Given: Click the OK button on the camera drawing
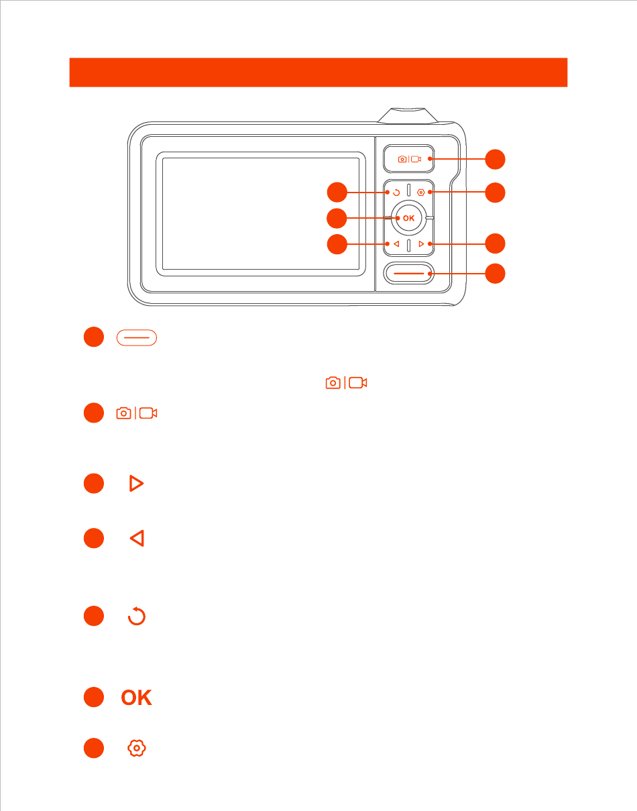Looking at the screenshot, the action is [409, 218].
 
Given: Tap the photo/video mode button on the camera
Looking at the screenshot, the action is [409, 160].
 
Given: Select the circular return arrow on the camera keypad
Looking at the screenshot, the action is [396, 193].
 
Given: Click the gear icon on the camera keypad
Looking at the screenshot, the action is [420, 193].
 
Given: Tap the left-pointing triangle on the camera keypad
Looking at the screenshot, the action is [396, 244].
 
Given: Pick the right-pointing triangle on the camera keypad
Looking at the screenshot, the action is [421, 244].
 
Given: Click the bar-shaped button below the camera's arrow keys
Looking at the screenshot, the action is [409, 274].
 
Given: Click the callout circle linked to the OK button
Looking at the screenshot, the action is [337, 218].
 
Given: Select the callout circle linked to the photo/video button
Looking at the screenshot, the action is [495, 160].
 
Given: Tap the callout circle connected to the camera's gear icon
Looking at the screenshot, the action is [495, 193].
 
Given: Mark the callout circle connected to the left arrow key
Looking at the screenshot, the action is [337, 244].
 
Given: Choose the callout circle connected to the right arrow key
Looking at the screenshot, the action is [495, 244].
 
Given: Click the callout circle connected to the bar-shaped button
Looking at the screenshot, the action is [495, 274].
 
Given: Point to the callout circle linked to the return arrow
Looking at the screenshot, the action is [337, 193].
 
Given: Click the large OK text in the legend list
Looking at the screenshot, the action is [136, 698].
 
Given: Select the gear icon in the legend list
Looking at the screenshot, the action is [136, 748].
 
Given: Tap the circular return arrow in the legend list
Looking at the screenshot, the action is [136, 616].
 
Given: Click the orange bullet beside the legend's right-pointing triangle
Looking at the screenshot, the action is [94, 484].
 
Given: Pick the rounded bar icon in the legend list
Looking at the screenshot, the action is [136, 338].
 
